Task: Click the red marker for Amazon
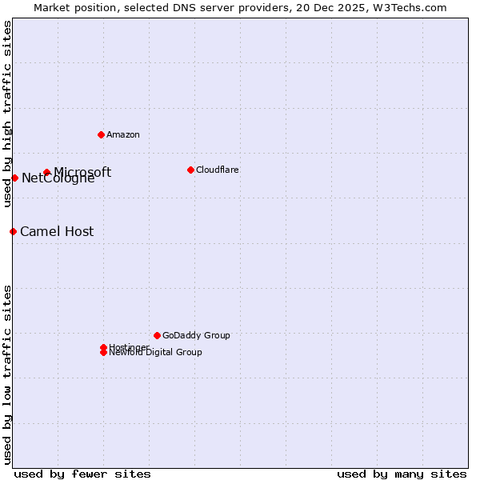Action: point(101,134)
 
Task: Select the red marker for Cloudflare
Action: point(190,170)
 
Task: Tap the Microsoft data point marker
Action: point(47,172)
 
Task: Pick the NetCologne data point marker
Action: point(14,178)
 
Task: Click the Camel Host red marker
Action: point(13,231)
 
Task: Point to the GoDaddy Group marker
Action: point(157,335)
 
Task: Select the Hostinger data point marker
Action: point(103,347)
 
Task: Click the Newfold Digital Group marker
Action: point(103,353)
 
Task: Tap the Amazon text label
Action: point(123,134)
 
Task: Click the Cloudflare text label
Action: point(218,170)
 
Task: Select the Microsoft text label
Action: point(82,172)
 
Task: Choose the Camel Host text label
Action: point(57,231)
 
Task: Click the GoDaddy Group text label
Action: point(196,335)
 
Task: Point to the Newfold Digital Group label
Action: point(156,353)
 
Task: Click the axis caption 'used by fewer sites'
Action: point(82,474)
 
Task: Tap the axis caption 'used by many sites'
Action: point(402,474)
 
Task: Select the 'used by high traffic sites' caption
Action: point(7,114)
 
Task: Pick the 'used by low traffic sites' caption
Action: point(7,374)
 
